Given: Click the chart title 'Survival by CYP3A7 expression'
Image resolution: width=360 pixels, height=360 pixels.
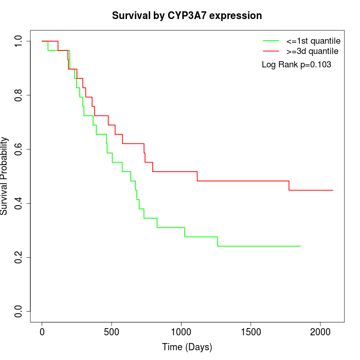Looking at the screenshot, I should [x=187, y=16].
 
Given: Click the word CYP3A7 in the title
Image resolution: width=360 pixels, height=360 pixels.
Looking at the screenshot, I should [x=187, y=16].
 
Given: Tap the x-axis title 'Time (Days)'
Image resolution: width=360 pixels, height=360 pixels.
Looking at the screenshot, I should [x=187, y=347].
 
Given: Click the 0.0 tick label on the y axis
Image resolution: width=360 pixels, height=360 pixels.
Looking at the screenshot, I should [x=19, y=311].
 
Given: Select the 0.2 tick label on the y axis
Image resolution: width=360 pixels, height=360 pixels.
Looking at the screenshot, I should [x=19, y=257].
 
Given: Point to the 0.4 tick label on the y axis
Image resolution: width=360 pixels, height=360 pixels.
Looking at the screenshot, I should [x=19, y=203].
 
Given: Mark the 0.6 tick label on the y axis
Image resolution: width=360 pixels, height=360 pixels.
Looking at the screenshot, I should [x=19, y=149].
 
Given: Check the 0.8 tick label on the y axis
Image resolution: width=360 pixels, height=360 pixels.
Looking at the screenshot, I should [x=19, y=95].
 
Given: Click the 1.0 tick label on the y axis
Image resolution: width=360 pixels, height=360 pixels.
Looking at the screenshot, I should [x=19, y=41].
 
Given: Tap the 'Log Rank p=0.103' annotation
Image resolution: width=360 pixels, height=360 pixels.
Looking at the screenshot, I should [x=296, y=65].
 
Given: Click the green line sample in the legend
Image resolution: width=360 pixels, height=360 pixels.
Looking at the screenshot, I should [x=271, y=41].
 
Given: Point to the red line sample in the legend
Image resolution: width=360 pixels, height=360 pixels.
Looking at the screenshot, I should [x=271, y=51].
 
